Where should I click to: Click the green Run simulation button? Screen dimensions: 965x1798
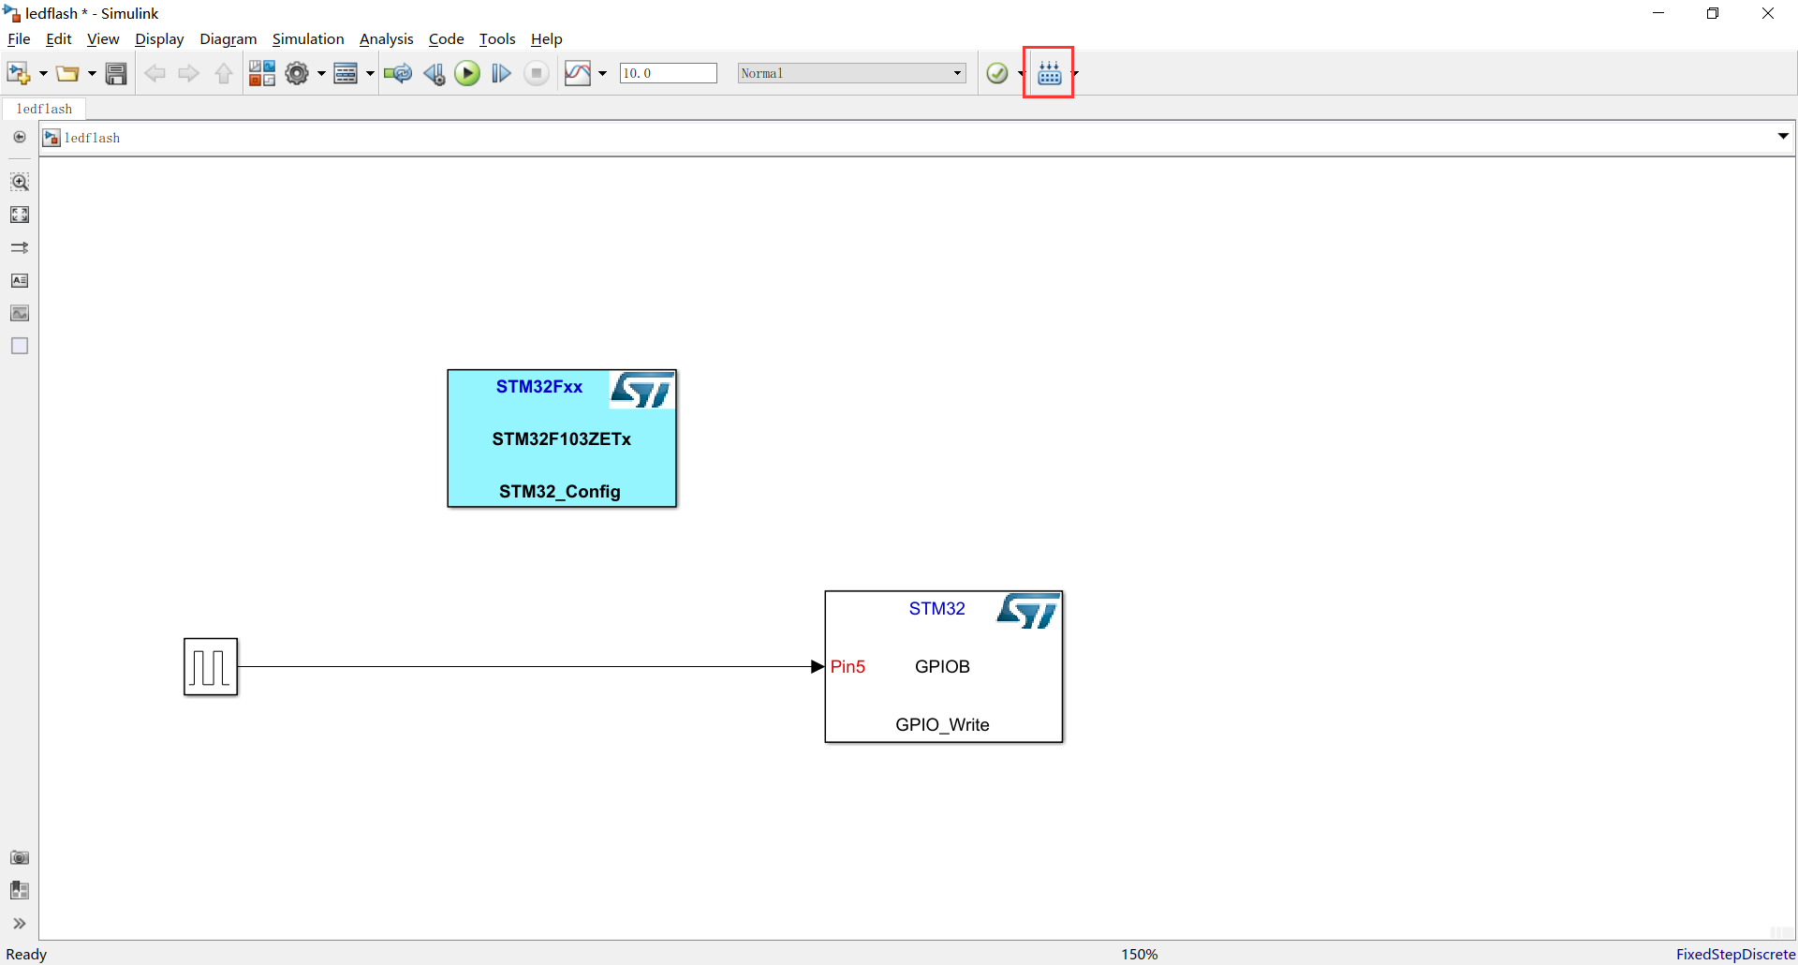pos(466,73)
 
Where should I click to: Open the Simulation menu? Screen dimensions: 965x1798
pos(307,39)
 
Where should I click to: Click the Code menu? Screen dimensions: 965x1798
pos(446,39)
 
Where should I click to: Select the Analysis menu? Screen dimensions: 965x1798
pos(386,39)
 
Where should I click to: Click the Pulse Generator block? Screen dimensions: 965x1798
pos(211,667)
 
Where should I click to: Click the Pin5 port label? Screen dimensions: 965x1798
pos(847,667)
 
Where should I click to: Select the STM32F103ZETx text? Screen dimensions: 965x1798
pos(562,438)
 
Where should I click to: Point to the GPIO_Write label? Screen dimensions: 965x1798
pos(942,724)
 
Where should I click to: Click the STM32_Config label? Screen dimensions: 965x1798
pos(560,491)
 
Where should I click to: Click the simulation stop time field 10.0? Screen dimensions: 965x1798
pos(668,73)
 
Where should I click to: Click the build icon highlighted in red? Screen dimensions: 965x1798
pos(1049,73)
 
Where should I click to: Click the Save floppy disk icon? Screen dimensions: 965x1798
pos(116,73)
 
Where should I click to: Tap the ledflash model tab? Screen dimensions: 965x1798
pos(44,109)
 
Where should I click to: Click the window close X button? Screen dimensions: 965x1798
pos(1768,13)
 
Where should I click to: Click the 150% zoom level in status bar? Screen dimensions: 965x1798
pos(1140,954)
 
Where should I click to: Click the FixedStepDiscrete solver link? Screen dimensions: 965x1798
pos(1735,954)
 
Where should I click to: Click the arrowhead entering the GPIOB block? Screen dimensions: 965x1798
pos(818,667)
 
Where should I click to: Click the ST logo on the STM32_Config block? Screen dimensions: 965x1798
pos(642,390)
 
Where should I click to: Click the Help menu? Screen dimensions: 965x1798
pos(546,39)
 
